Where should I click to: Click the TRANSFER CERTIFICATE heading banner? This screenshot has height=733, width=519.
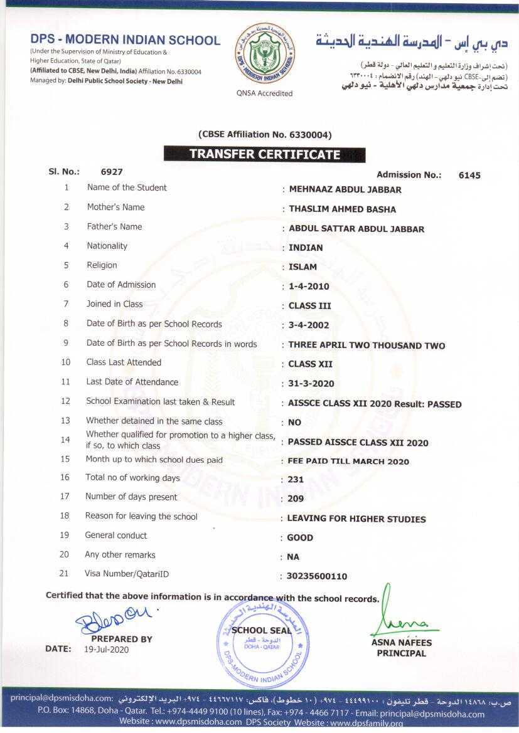coord(264,154)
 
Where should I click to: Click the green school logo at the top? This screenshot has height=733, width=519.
coord(264,55)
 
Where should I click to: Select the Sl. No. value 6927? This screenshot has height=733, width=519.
coord(112,171)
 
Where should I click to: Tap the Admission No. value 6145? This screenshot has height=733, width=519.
coord(469,176)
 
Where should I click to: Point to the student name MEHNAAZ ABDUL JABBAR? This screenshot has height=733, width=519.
coord(345,189)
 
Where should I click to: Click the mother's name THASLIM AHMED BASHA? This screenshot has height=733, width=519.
coord(342,209)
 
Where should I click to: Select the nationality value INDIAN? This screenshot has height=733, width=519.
coord(306,248)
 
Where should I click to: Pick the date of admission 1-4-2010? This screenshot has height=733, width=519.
coord(309,287)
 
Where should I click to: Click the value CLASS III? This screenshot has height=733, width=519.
coord(309,306)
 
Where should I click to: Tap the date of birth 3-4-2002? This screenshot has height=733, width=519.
coord(309,325)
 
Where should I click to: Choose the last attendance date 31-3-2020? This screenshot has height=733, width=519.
coord(311,384)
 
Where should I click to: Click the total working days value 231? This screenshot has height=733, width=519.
coord(296,480)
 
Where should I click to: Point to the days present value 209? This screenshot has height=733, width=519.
coord(296,499)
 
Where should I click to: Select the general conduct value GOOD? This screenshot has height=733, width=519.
coord(300,538)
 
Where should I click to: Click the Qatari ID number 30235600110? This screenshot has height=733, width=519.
coord(317,576)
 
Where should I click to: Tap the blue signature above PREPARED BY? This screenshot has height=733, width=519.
coord(113,621)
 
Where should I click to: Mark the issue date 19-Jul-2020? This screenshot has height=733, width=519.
coord(106,650)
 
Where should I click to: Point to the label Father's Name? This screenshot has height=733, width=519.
coord(114,227)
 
